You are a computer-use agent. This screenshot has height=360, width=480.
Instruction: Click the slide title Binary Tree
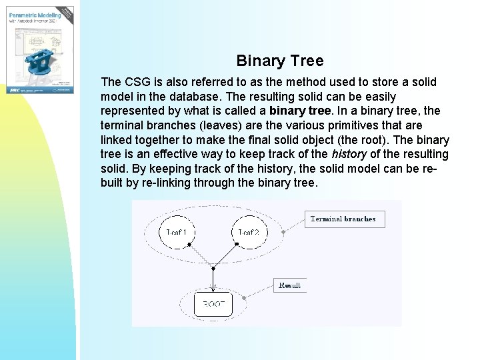pyautogui.click(x=280, y=61)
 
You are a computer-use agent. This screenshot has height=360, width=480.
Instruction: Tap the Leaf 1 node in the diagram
pyautogui.click(x=176, y=232)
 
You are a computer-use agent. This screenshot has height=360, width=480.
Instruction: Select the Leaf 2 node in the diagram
pyautogui.click(x=249, y=232)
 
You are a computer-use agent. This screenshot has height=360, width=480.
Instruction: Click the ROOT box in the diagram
pyautogui.click(x=213, y=304)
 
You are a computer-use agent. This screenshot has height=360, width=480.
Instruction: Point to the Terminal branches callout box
pyautogui.click(x=343, y=219)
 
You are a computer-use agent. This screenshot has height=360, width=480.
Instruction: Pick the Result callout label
pyautogui.click(x=289, y=285)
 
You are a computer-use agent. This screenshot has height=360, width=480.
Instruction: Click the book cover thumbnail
pyautogui.click(x=40, y=47)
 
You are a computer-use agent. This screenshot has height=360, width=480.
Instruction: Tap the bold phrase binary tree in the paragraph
pyautogui.click(x=299, y=111)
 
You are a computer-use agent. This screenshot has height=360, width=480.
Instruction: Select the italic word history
pyautogui.click(x=349, y=154)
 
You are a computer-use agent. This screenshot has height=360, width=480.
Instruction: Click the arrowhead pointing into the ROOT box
pyautogui.click(x=212, y=288)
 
